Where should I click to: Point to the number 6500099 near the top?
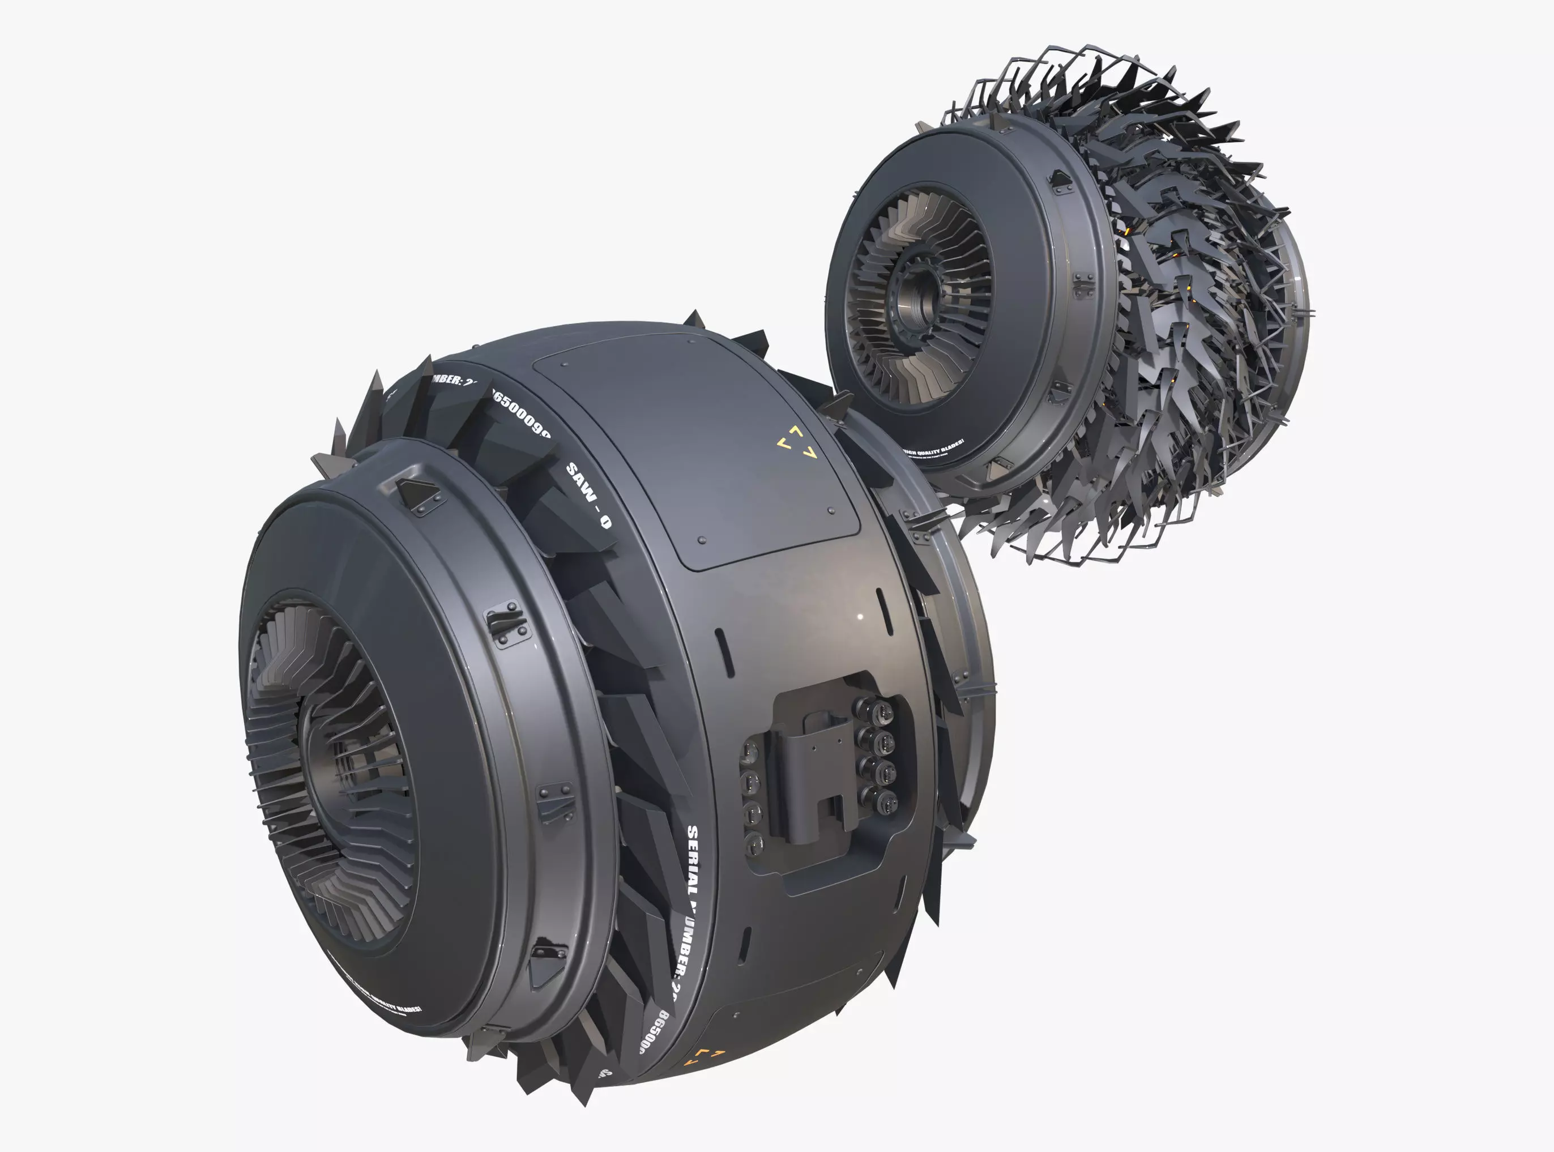(x=521, y=413)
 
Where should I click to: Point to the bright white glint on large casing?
(x=860, y=616)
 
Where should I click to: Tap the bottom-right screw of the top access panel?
(x=831, y=511)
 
